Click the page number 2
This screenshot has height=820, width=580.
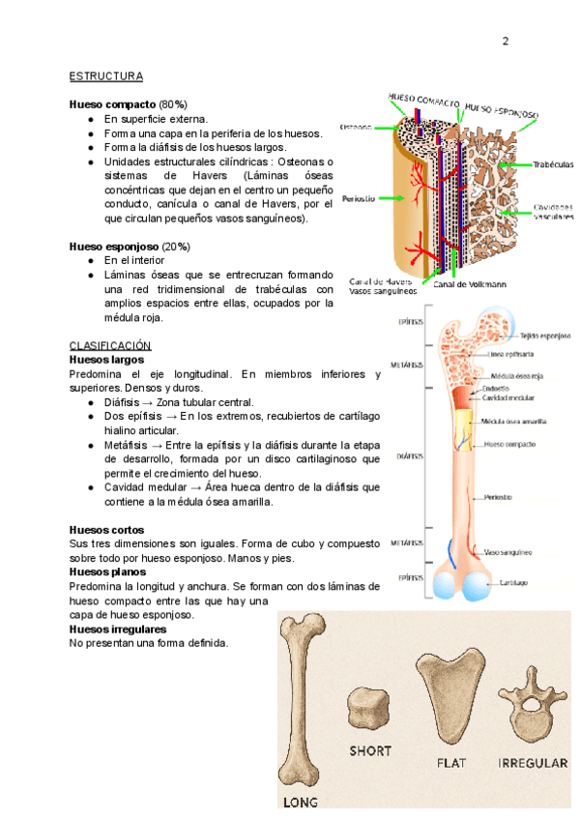tap(505, 41)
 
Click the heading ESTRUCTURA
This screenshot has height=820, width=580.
tap(106, 75)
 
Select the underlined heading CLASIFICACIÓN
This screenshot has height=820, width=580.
tap(111, 345)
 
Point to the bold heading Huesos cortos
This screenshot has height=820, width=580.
tap(107, 530)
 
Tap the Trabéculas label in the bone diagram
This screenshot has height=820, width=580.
tap(553, 164)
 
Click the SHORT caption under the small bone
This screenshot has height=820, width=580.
tap(370, 750)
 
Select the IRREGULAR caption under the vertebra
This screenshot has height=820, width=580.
tap(532, 763)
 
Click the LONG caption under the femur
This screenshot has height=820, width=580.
tap(300, 802)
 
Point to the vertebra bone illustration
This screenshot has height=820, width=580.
tap(531, 701)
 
